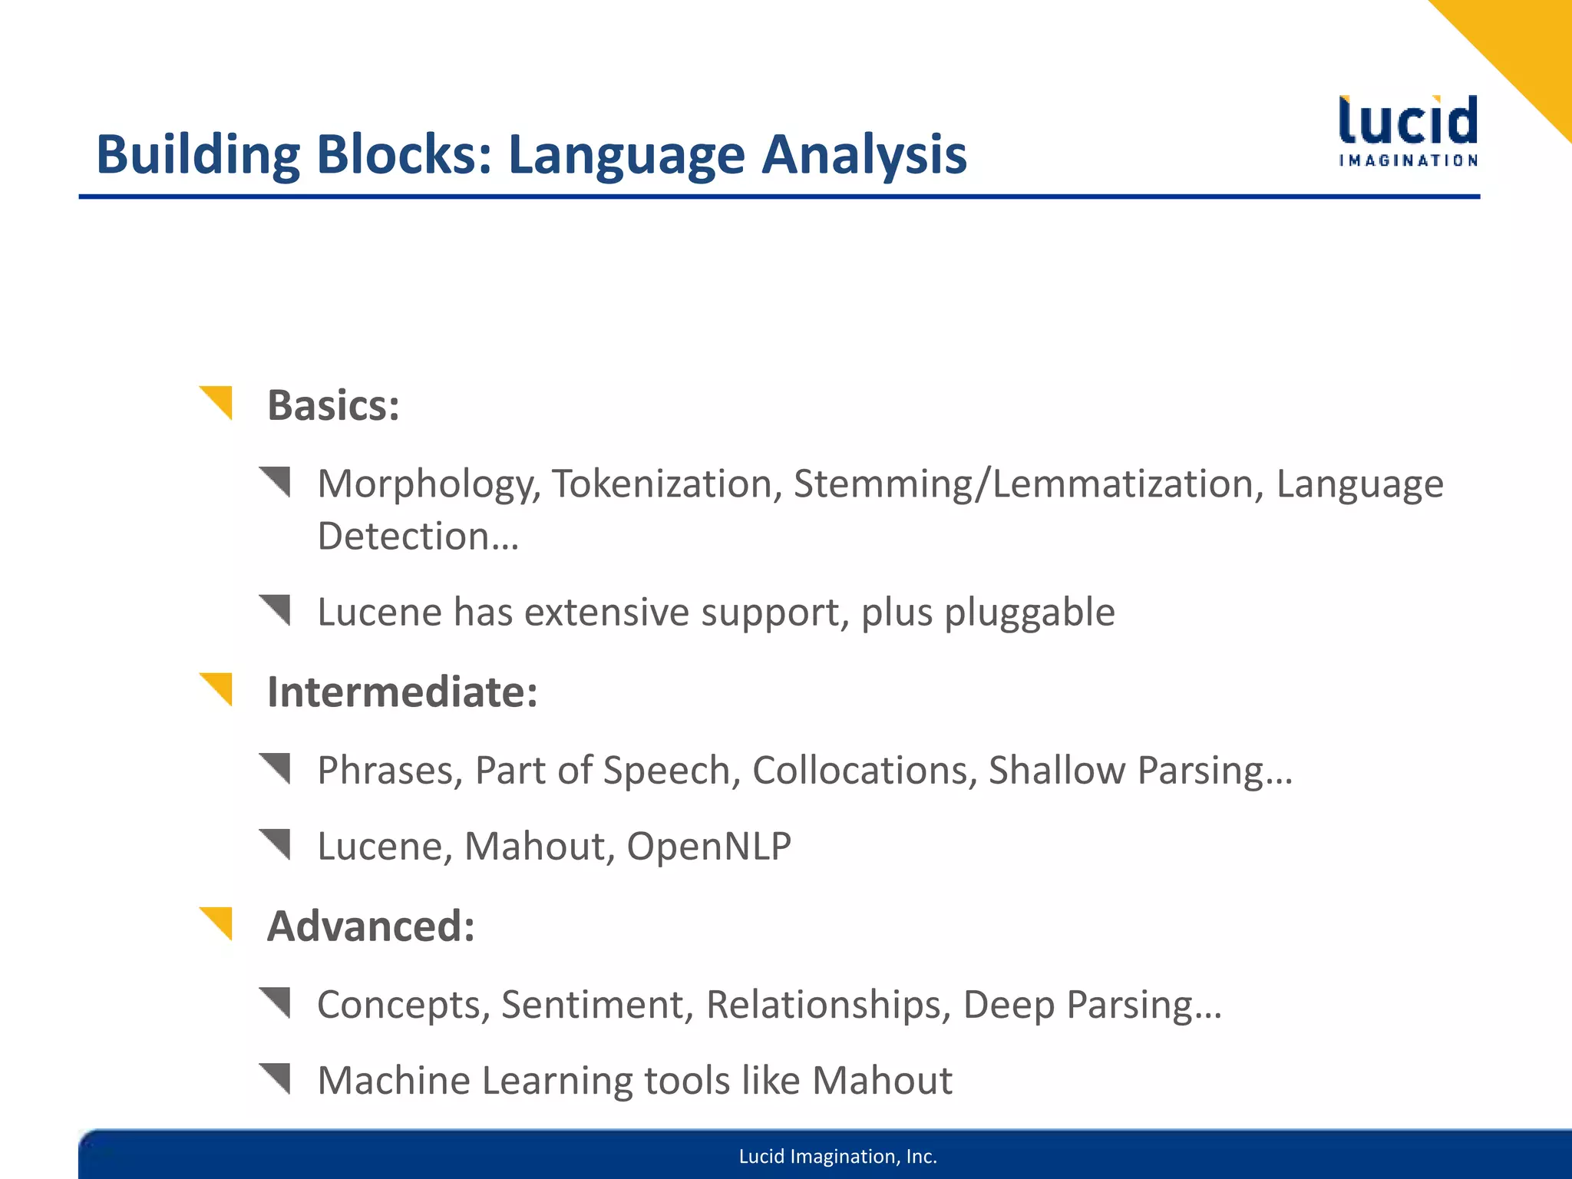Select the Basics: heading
tap(333, 405)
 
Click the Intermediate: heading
tap(402, 692)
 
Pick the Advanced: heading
tap(371, 926)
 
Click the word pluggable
tap(1029, 613)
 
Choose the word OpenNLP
tap(708, 847)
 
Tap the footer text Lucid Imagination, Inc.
tap(837, 1157)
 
